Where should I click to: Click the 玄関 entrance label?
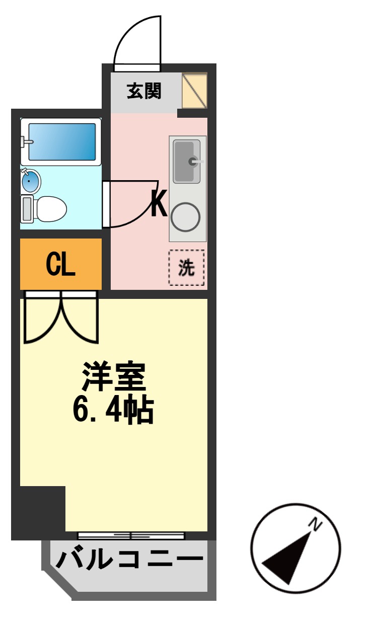pos(144,91)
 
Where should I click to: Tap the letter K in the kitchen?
pos(159,203)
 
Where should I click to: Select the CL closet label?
pos(61,264)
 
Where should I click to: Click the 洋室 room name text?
pos(114,376)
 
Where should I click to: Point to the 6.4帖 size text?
pos(113,409)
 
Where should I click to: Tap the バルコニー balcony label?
pos(129,560)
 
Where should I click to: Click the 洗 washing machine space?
pos(186,268)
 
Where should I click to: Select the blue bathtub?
pos(62,142)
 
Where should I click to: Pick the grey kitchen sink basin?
pos(187,162)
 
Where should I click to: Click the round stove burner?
pos(185,217)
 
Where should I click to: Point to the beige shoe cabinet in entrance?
pos(195,91)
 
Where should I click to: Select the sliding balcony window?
pos(131,535)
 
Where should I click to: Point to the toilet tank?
pos(27,209)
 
